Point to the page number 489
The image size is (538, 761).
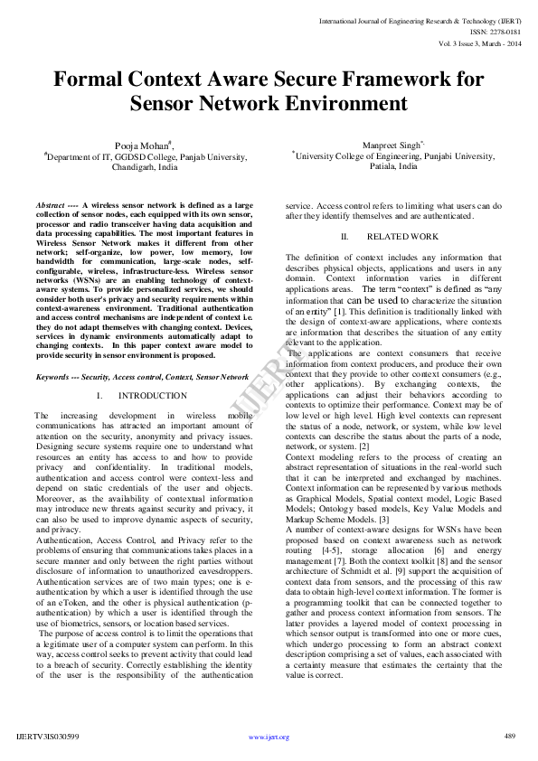tap(509, 737)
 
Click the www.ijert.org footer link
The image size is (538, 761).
tap(269, 738)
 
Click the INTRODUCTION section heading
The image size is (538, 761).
tap(153, 396)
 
